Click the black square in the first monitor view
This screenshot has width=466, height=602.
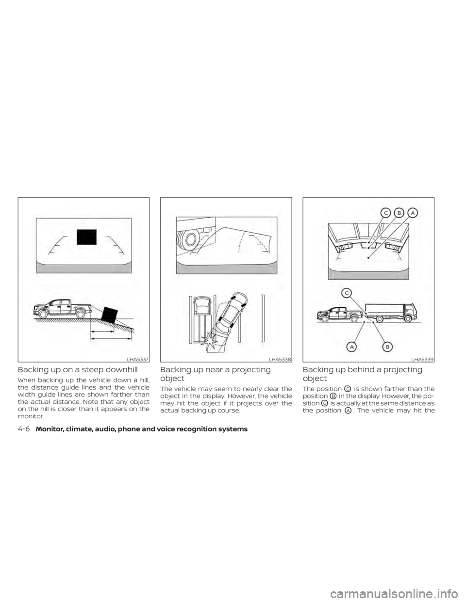(87, 237)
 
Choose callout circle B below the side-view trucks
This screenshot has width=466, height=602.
(387, 347)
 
